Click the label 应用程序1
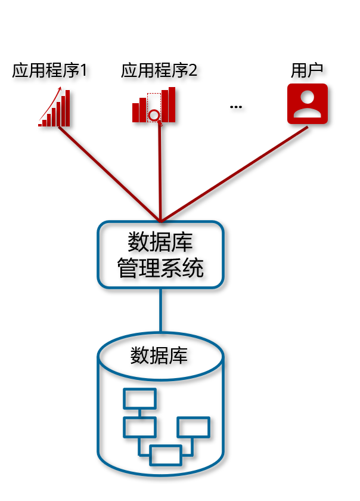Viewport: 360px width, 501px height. [50, 71]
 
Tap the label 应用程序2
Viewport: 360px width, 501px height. [159, 71]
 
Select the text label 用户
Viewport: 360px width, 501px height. [307, 71]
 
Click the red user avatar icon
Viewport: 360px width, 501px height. [308, 104]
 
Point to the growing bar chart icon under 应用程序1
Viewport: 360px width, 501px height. [55, 109]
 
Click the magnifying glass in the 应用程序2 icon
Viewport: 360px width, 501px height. [154, 115]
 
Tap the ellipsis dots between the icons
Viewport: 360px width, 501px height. [236, 107]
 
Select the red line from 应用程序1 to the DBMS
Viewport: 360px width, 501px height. [107, 173]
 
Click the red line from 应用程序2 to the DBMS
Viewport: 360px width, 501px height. [160, 173]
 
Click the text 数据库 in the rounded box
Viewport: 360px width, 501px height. [160, 243]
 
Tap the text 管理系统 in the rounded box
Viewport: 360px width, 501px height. [160, 268]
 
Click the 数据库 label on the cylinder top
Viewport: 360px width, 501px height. [159, 356]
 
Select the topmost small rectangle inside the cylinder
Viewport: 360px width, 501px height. [139, 398]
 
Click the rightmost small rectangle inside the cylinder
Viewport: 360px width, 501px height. [193, 427]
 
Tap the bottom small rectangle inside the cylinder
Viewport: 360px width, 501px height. [165, 455]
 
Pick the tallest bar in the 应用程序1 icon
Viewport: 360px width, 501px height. [68, 108]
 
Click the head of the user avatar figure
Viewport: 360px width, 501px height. [308, 97]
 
